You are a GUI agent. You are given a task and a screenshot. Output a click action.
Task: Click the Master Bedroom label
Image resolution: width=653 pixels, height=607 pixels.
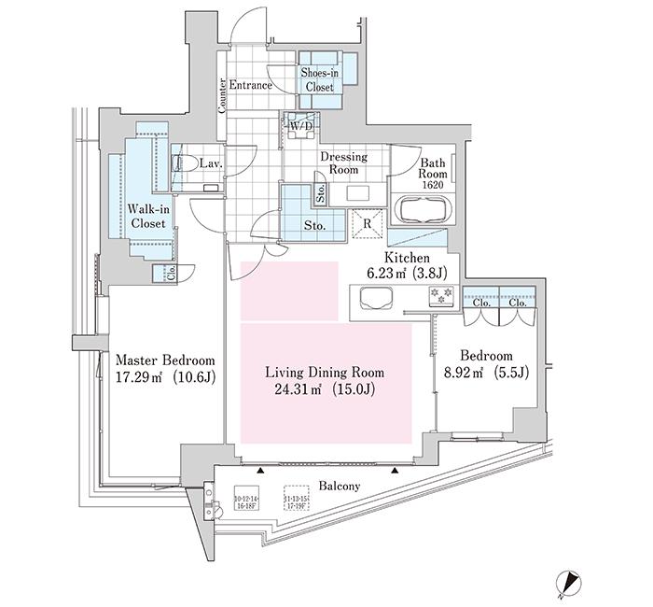(x=165, y=360)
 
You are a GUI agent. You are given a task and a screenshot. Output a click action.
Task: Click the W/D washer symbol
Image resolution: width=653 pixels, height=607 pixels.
(x=301, y=128)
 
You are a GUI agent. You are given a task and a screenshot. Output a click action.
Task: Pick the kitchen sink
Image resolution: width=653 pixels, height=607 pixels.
(x=374, y=299)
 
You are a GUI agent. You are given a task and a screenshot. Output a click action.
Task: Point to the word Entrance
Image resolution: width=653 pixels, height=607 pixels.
(x=250, y=86)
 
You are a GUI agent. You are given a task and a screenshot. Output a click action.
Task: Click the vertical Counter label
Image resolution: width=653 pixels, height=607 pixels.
(x=222, y=95)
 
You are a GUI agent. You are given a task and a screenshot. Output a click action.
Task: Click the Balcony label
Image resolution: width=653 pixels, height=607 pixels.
(x=340, y=487)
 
